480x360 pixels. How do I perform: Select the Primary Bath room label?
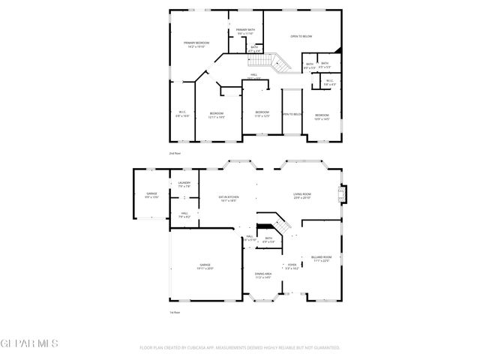coord(246,31)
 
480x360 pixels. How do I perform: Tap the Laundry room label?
coord(184,184)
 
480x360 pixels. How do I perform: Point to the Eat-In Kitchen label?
coord(228,199)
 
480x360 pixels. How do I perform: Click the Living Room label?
coord(302,196)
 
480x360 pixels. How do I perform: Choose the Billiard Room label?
coord(322,259)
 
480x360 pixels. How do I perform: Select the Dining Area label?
coord(262,275)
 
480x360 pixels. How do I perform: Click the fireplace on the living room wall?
coord(343,193)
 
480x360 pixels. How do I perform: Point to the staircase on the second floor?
coord(277,63)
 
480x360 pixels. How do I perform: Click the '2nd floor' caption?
coord(175,152)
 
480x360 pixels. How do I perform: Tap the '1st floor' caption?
coord(175,313)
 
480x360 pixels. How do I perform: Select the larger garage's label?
coord(205,266)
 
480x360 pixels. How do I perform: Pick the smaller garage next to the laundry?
coord(151,196)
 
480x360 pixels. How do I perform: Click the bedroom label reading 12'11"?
coord(217,115)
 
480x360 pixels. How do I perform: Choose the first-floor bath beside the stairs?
coord(268,241)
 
